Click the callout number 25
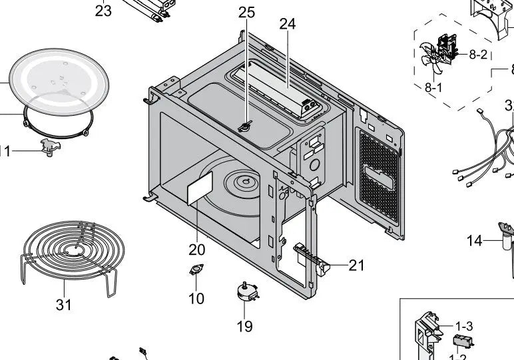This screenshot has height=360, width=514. click(x=246, y=13)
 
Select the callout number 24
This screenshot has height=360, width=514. click(x=287, y=24)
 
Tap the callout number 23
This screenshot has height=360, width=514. click(x=103, y=11)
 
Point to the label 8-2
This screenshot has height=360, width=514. click(x=478, y=55)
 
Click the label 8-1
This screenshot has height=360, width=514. click(x=433, y=87)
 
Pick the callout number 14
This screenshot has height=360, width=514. click(x=474, y=241)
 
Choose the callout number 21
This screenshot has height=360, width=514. click(x=357, y=266)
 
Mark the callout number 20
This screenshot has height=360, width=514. click(x=196, y=250)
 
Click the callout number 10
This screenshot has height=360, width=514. click(x=196, y=299)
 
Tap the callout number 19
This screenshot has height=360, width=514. click(x=244, y=326)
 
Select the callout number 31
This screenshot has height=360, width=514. click(x=64, y=305)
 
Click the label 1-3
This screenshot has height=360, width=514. click(x=464, y=326)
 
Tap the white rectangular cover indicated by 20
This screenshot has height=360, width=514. click(x=199, y=188)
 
